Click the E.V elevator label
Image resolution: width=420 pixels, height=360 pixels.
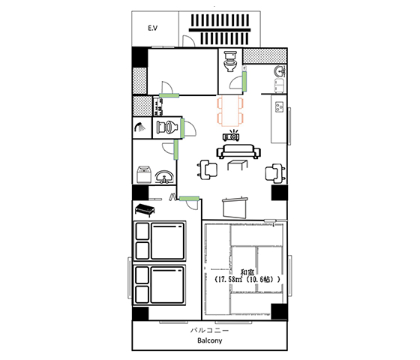click(153, 28)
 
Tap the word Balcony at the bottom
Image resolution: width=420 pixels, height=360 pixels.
click(210, 340)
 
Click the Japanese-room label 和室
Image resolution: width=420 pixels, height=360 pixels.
click(247, 272)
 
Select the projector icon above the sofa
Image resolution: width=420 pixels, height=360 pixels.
click(231, 136)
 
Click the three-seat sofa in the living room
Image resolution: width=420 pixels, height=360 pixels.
click(238, 151)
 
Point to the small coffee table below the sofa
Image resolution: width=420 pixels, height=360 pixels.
click(237, 165)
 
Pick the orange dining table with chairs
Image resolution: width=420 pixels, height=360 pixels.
click(230, 111)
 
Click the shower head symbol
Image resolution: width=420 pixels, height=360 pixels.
click(139, 127)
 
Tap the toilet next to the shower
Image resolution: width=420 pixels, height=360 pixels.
click(166, 127)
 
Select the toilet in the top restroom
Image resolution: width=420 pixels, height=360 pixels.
click(229, 61)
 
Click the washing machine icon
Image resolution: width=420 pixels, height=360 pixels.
click(144, 174)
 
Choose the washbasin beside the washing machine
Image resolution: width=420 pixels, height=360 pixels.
click(164, 177)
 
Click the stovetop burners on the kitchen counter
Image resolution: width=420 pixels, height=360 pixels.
click(280, 107)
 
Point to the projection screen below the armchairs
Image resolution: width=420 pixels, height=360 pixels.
click(235, 207)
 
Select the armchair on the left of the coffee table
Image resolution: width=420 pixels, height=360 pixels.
click(207, 169)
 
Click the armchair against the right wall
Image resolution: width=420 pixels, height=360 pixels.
click(274, 173)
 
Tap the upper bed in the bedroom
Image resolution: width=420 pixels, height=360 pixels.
click(160, 241)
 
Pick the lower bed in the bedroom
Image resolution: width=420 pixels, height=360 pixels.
click(160, 285)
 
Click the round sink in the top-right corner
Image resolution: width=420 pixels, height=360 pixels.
click(280, 70)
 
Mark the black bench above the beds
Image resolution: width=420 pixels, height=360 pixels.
click(145, 209)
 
